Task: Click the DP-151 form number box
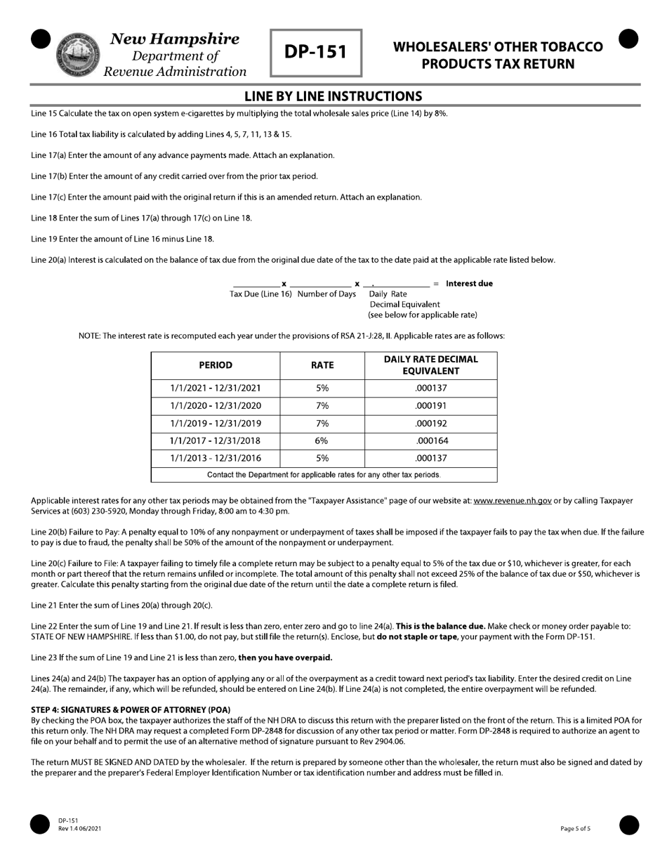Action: pos(316,53)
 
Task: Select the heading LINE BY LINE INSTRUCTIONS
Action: pos(333,96)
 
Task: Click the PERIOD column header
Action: pos(216,365)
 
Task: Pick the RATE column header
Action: pos(322,365)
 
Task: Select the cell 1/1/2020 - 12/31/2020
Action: pos(216,406)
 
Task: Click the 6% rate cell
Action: pos(322,441)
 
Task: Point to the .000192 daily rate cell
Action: pos(431,424)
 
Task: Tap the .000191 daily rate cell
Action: pos(431,406)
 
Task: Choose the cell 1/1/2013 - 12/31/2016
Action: pos(216,459)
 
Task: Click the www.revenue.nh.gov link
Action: pos(513,501)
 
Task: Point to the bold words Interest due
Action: pos(469,284)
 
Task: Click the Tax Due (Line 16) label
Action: pos(260,294)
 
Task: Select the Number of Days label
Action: pos(326,294)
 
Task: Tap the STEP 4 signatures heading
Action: pos(131,709)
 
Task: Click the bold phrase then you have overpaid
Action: pos(285,658)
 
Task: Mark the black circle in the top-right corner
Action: pos(628,39)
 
